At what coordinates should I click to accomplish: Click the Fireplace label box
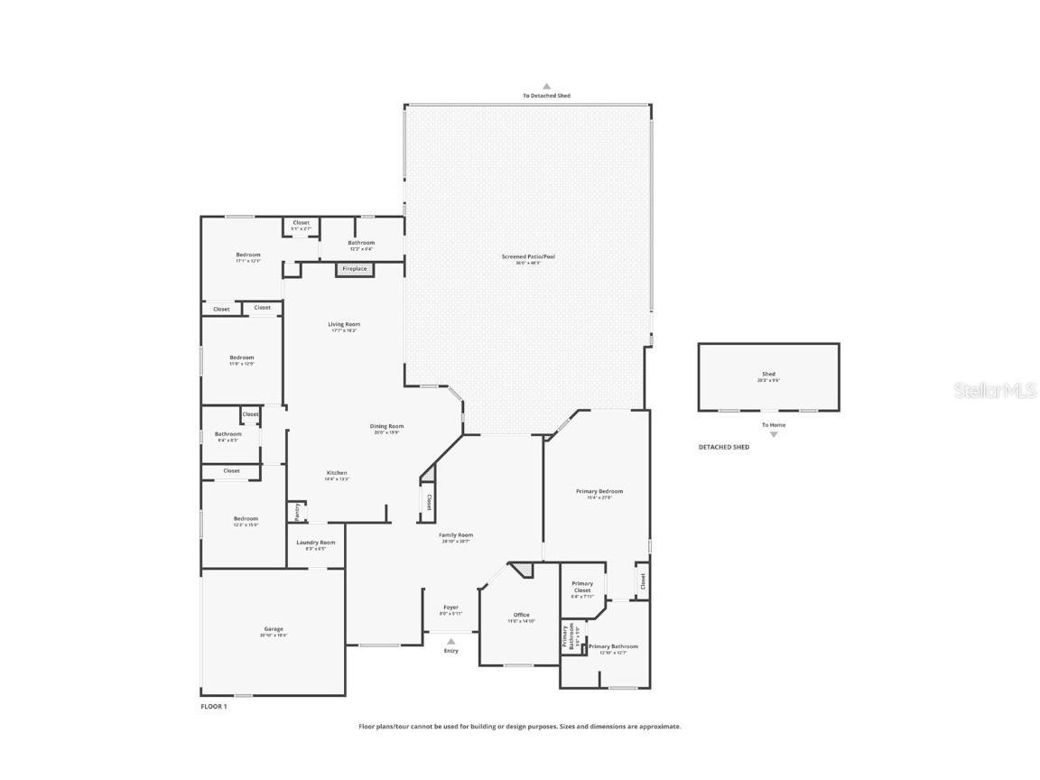pos(355,269)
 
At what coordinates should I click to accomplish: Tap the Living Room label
pos(343,325)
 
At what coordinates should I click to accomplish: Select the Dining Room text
pos(386,427)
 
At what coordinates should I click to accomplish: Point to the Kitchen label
pos(337,473)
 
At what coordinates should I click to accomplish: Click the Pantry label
pos(297,512)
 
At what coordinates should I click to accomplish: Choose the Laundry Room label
pos(316,543)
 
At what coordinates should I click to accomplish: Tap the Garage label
pos(274,630)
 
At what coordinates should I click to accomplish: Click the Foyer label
pos(450,608)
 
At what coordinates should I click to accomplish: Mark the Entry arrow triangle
pos(451,642)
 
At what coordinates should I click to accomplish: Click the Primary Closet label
pos(582,585)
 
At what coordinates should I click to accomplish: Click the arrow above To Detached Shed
pos(546,87)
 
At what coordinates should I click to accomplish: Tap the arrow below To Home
pos(773,434)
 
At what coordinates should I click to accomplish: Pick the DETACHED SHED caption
pos(723,447)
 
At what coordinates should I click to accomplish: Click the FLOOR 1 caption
pos(214,707)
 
